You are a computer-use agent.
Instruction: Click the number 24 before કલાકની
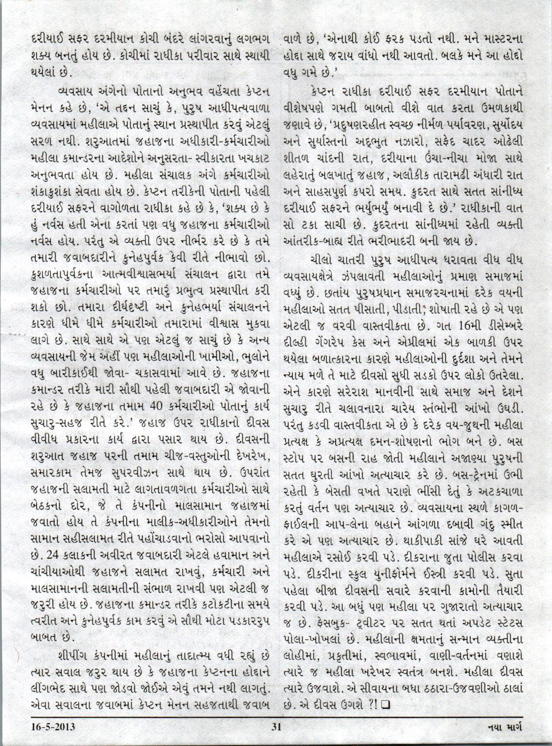point(54,555)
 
